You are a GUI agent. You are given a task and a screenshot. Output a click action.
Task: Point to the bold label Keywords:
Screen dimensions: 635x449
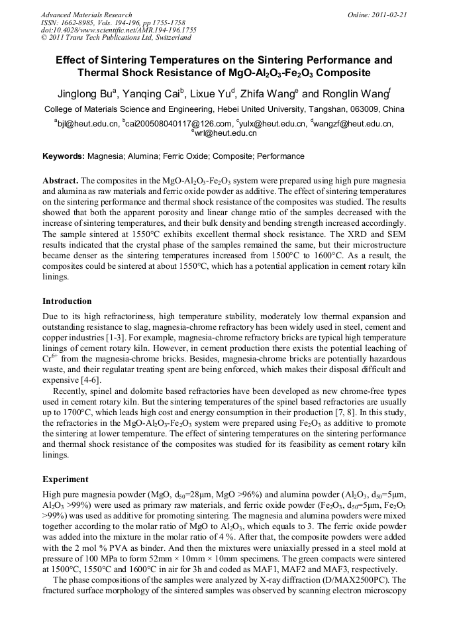[x=64, y=157]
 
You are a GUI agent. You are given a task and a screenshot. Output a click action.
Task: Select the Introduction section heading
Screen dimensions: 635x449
[x=67, y=301]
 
